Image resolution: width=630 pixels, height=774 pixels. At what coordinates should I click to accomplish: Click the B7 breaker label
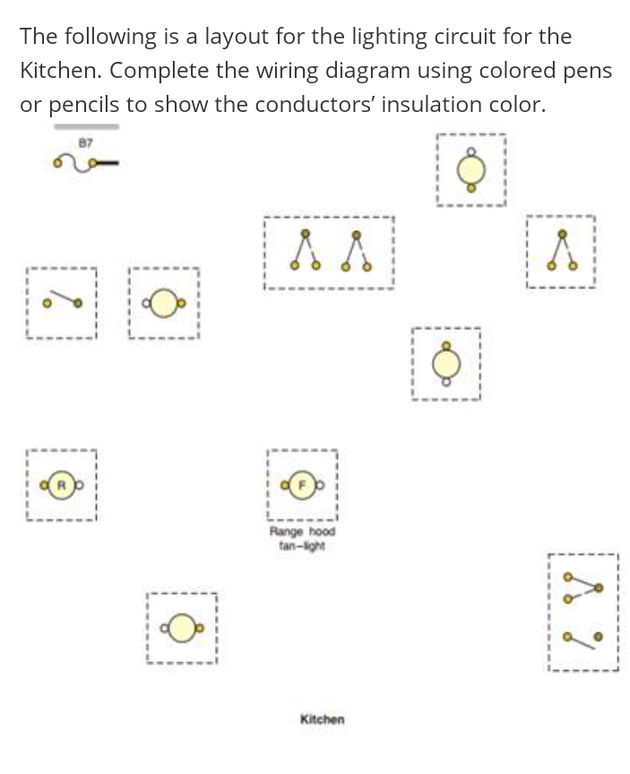(x=85, y=143)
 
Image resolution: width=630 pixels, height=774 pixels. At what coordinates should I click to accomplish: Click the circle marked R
(x=62, y=486)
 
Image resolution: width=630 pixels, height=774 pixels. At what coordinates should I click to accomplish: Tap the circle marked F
(x=302, y=486)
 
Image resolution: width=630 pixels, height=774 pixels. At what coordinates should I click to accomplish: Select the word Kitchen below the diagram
(x=322, y=718)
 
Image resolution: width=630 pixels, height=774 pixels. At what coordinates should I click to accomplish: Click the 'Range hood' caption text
(x=302, y=531)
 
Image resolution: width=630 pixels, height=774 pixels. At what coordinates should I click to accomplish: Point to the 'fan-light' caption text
(x=302, y=546)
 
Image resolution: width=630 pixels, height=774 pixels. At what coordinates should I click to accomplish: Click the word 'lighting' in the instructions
(x=389, y=37)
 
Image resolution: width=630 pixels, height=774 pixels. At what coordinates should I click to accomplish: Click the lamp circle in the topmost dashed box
(x=471, y=170)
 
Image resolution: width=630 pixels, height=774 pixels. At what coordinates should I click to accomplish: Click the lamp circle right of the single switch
(x=163, y=303)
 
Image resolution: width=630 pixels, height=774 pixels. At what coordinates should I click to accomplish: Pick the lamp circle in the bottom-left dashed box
(x=182, y=628)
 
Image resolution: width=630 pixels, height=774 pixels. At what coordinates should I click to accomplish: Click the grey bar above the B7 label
(x=86, y=127)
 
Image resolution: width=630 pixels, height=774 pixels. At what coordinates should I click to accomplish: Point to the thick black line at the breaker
(x=108, y=162)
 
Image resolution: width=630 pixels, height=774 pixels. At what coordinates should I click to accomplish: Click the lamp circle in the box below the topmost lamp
(x=446, y=364)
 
